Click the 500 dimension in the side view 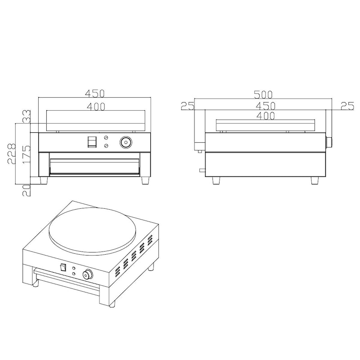pos(263,94)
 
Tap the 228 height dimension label pos(12,153)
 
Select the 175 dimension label pos(27,154)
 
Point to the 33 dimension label pos(27,117)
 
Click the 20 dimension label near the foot pos(27,190)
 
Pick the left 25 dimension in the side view pos(188,106)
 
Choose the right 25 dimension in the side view pos(347,106)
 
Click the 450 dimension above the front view pos(95,94)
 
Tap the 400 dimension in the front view pos(96,107)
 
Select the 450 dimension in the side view pos(265,106)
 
